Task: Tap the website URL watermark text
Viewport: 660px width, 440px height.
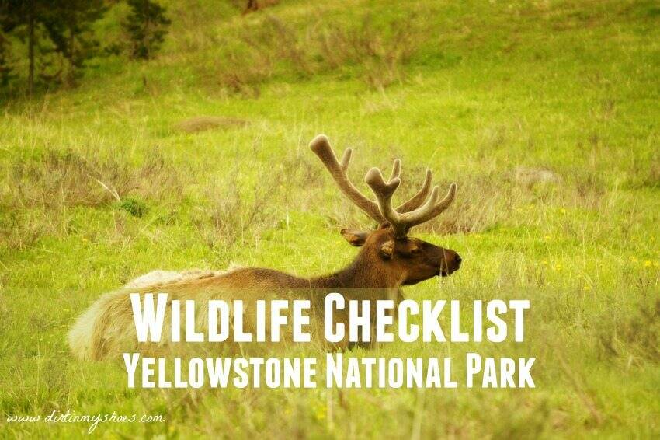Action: pyautogui.click(x=85, y=419)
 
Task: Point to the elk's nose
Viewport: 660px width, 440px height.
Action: pyautogui.click(x=455, y=259)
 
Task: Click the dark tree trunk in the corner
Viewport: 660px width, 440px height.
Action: pyautogui.click(x=30, y=47)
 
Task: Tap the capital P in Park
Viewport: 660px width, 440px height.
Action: pyautogui.click(x=477, y=372)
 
